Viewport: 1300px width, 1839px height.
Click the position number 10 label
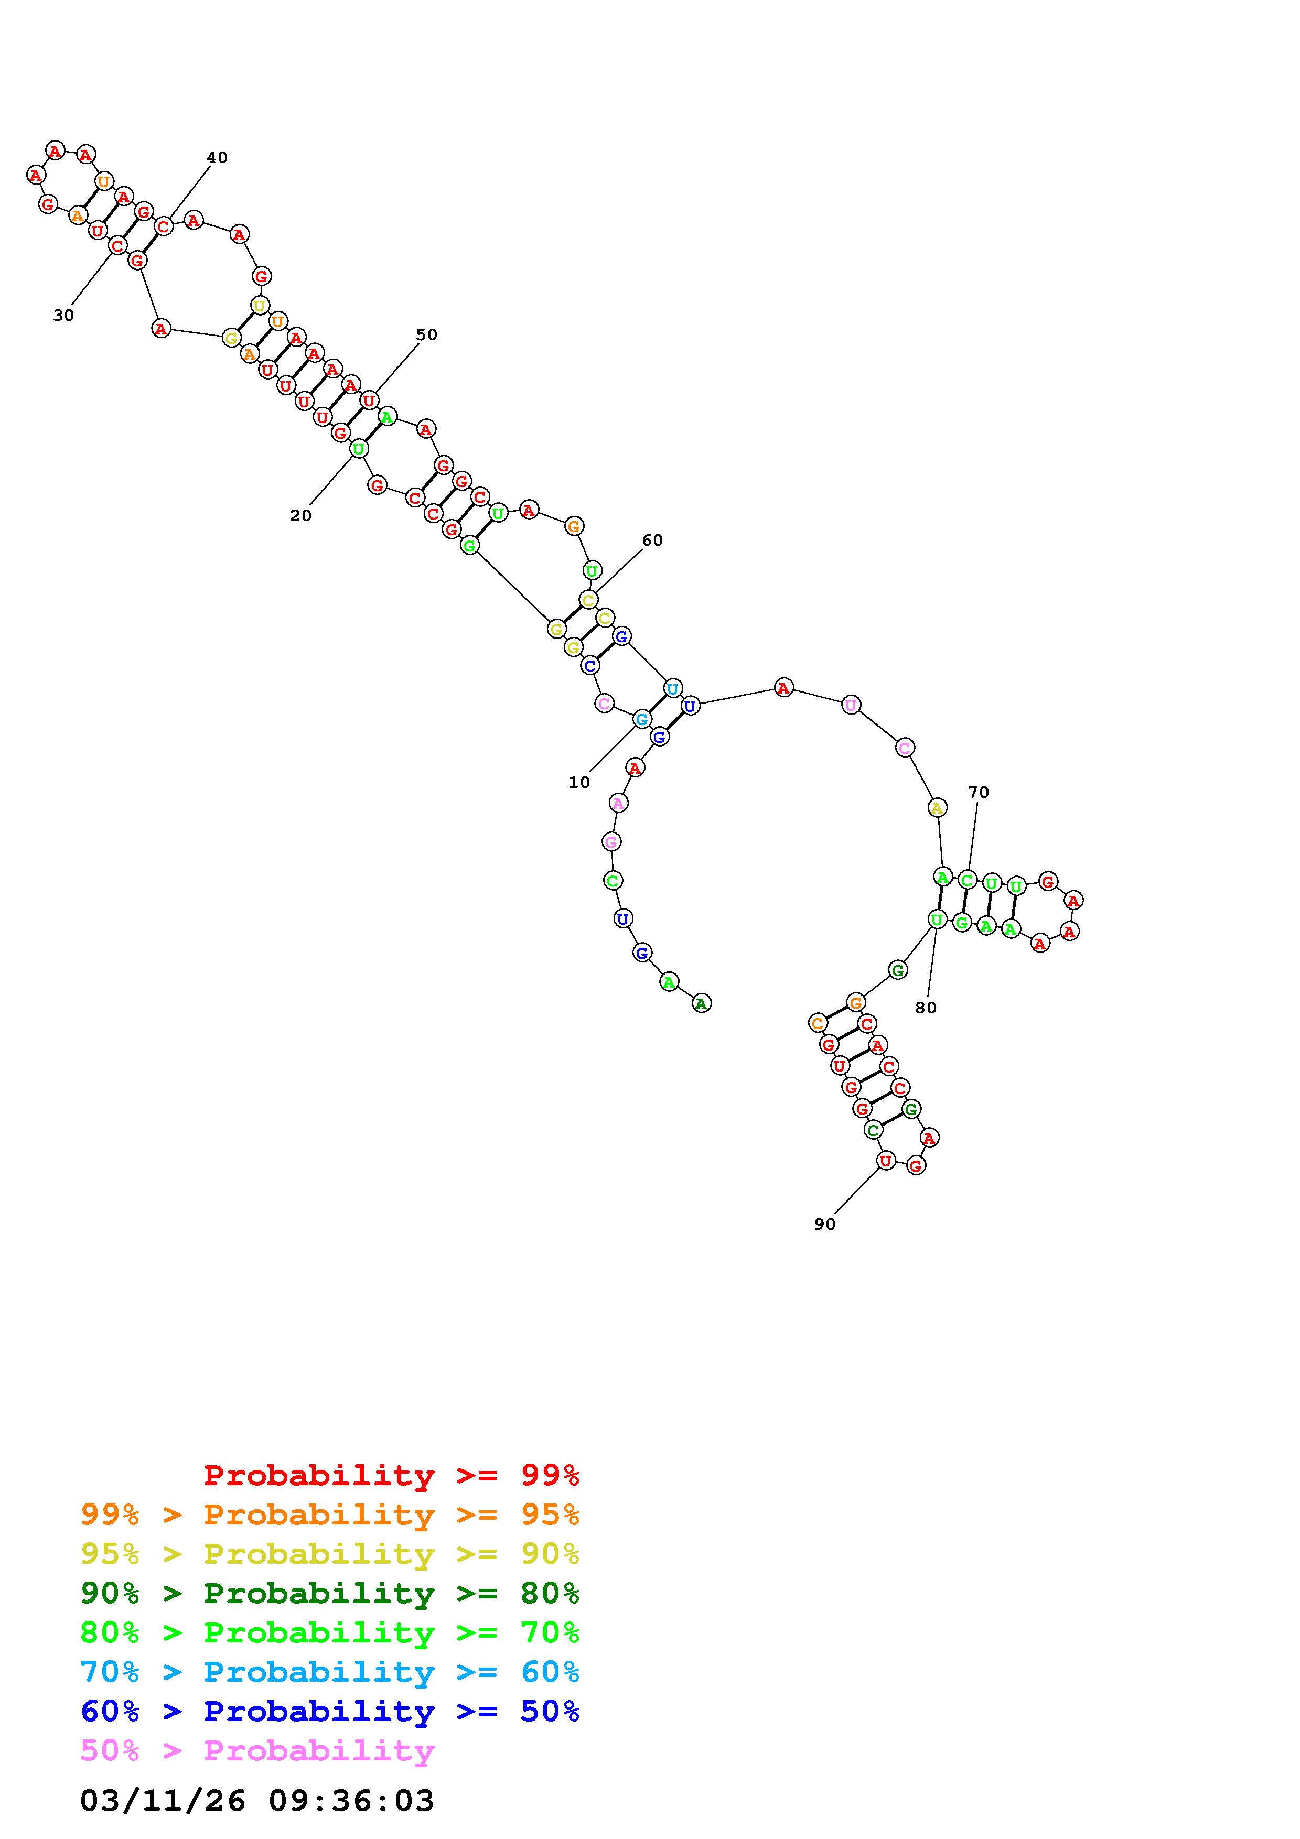(579, 783)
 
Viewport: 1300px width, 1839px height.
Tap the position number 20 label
(300, 516)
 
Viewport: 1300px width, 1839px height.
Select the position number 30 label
(63, 316)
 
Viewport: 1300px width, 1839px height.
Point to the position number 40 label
(217, 158)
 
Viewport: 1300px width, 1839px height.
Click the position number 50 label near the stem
(427, 335)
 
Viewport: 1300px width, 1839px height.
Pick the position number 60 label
(653, 540)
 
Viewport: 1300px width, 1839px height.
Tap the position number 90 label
(825, 1225)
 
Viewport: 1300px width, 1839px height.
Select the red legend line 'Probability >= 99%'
(392, 1475)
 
